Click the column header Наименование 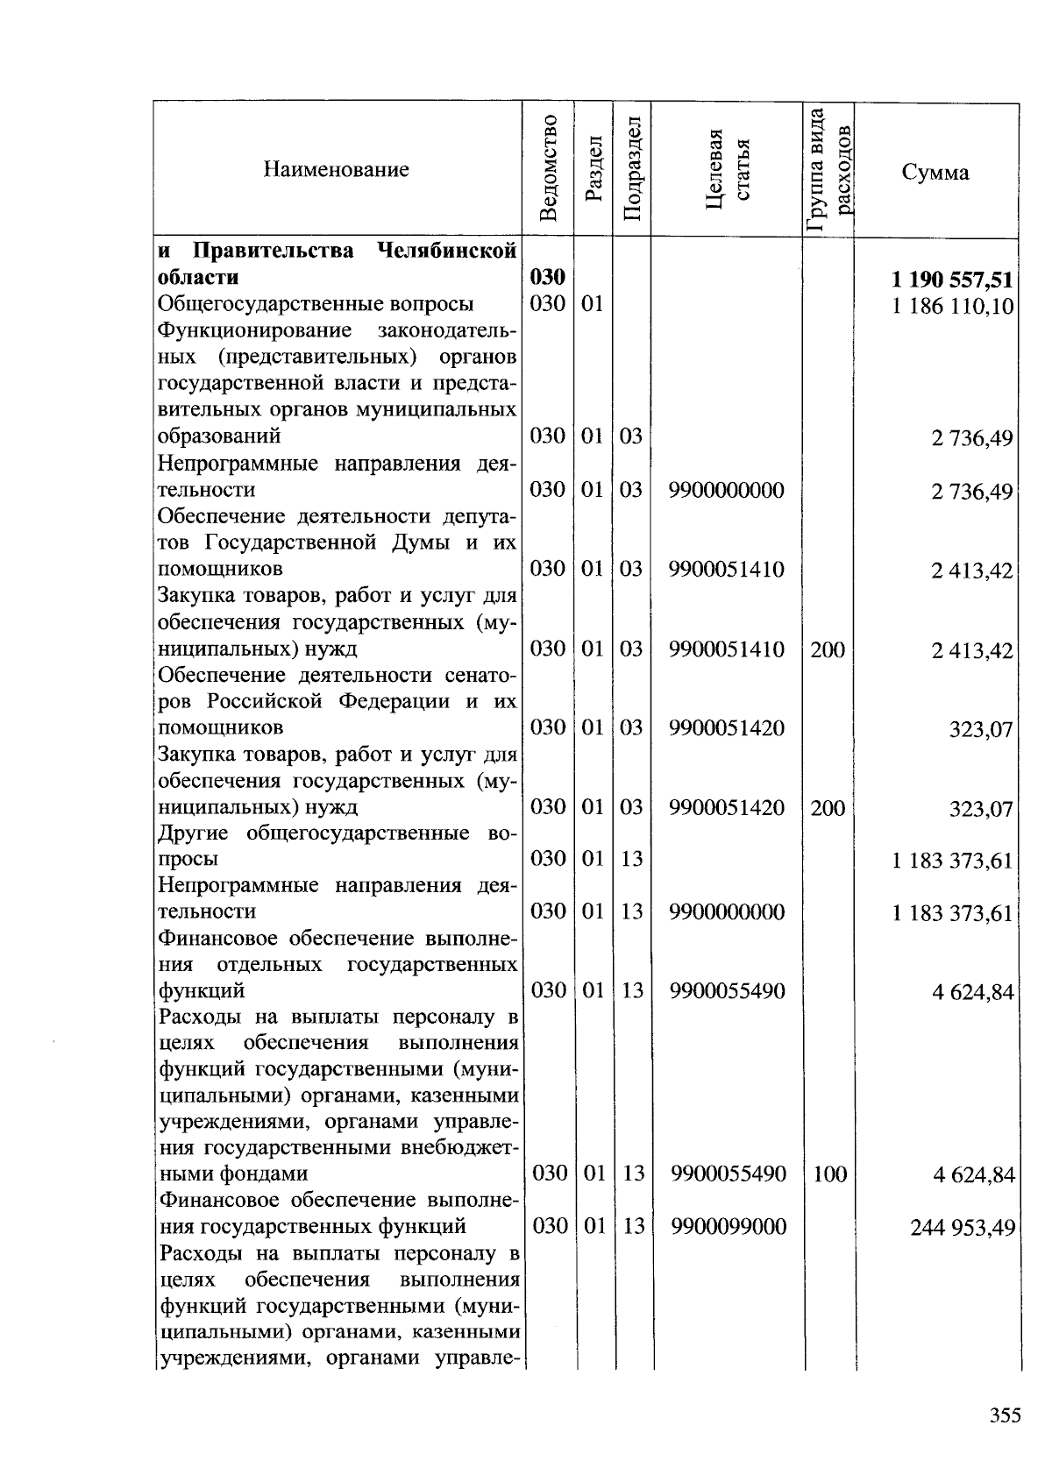(x=336, y=170)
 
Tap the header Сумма (x=935, y=172)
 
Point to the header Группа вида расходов (x=828, y=170)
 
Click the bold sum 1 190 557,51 (x=952, y=280)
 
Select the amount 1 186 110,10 (x=953, y=307)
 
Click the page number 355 (x=1005, y=1415)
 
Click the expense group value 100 (x=829, y=1174)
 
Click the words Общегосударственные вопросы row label (x=316, y=304)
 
